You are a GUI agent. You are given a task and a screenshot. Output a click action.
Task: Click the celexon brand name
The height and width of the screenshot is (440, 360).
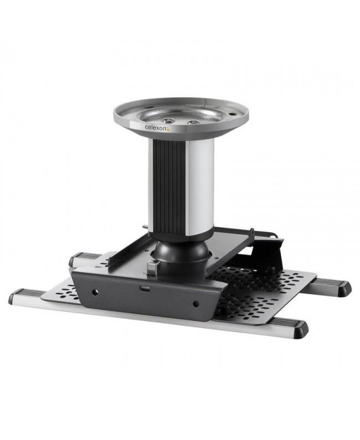156,127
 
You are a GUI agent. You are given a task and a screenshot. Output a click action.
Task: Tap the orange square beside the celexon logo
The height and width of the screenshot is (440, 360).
168,129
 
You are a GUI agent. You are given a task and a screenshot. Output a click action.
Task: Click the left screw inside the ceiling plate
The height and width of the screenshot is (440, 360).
169,120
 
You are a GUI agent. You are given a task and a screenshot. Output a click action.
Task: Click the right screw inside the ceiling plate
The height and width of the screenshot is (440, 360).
193,122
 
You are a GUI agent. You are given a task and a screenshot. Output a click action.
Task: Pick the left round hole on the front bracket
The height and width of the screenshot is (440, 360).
95,293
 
